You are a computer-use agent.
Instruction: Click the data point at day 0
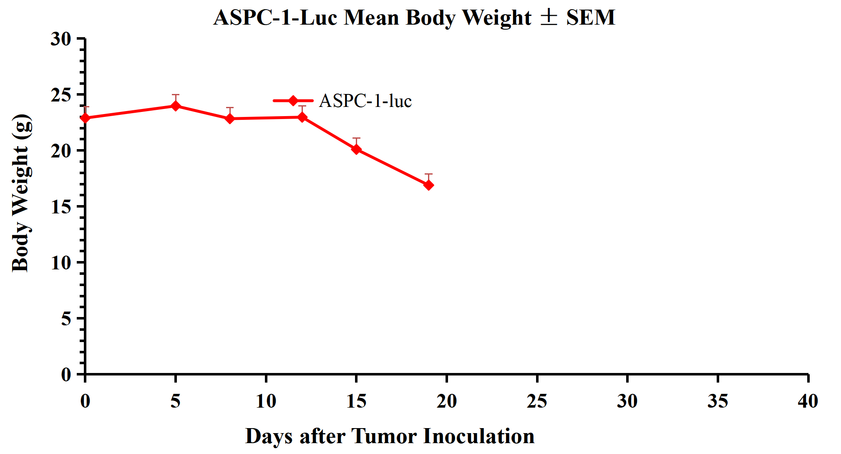point(86,118)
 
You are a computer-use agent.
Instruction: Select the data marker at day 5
point(176,106)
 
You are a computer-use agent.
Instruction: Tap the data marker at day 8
point(230,119)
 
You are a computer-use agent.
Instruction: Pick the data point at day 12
point(302,117)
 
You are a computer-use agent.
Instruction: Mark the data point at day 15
point(356,149)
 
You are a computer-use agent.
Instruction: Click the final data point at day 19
point(428,185)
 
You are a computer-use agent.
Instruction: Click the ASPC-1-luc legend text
point(365,101)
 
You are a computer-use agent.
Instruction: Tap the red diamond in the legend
point(293,101)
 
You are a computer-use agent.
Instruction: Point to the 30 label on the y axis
point(61,39)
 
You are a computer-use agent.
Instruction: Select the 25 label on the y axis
point(61,95)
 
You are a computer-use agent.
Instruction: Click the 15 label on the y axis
point(61,207)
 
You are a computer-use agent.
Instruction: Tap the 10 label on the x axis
point(266,401)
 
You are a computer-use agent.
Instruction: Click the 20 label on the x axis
point(446,401)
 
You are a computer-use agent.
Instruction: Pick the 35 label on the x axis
point(718,401)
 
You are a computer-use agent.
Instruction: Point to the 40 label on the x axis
point(808,401)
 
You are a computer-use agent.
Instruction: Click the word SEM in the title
point(591,18)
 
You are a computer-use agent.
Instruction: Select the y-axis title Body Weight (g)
point(21,193)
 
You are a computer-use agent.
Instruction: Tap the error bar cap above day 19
point(428,174)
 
